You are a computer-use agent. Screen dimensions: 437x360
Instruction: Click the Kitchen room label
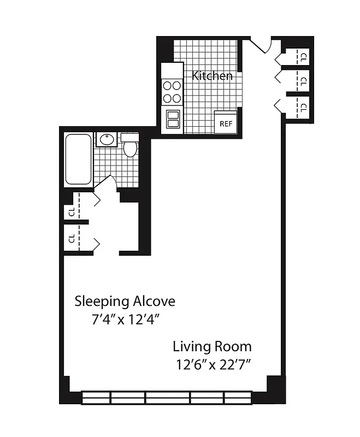(x=212, y=76)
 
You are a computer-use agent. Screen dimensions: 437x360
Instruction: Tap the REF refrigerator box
(x=226, y=122)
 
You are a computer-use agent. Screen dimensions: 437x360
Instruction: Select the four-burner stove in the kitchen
(x=172, y=92)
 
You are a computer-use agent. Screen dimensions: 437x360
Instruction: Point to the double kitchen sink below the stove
(x=173, y=119)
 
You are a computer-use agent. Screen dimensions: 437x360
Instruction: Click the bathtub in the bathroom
(x=79, y=160)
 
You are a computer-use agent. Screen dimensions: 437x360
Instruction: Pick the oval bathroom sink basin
(x=105, y=140)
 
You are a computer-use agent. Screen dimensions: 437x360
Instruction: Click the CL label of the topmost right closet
(x=303, y=55)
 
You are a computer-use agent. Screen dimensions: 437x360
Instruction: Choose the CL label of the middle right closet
(x=303, y=81)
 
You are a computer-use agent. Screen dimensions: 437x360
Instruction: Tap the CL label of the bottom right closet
(x=303, y=107)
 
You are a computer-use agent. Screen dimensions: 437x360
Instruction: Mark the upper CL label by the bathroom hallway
(x=71, y=211)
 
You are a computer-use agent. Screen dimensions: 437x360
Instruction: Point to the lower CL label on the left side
(x=71, y=238)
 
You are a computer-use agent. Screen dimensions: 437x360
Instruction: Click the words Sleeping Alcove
(x=125, y=301)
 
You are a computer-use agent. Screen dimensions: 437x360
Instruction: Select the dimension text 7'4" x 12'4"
(x=125, y=319)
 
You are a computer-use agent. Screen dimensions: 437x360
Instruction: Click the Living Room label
(x=212, y=346)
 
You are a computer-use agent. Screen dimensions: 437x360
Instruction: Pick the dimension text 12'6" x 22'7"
(x=213, y=364)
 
